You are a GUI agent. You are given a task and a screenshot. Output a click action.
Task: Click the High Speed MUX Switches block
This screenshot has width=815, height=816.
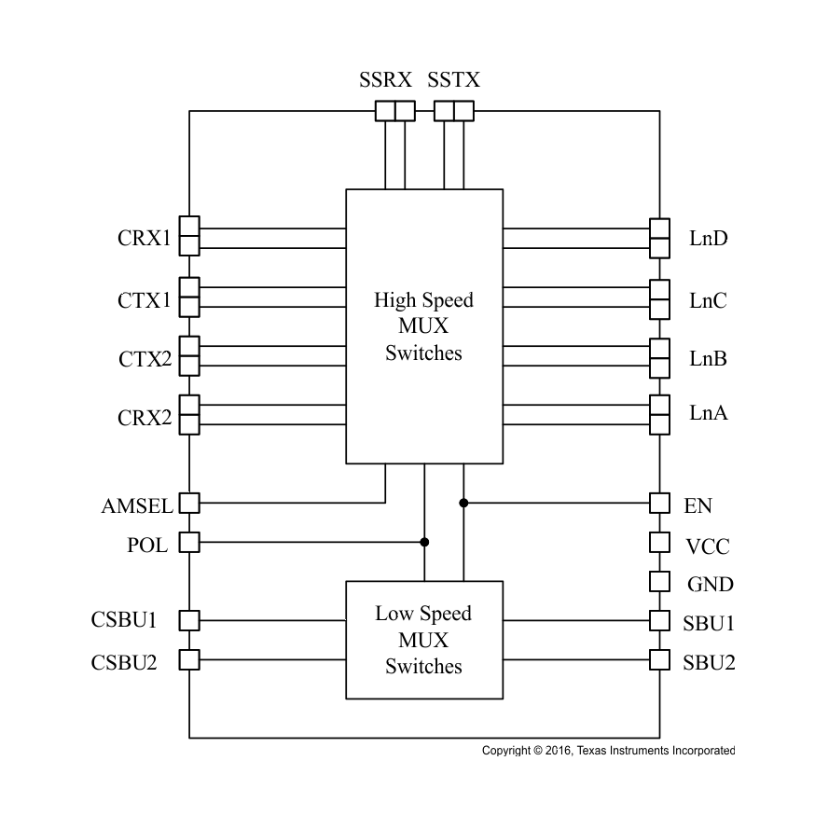[x=424, y=326]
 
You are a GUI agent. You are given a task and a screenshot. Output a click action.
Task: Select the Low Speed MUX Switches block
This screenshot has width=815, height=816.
[x=424, y=640]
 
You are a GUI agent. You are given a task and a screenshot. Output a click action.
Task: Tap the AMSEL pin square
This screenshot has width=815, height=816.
[x=189, y=504]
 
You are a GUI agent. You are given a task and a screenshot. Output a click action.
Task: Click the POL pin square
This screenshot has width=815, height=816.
[x=189, y=542]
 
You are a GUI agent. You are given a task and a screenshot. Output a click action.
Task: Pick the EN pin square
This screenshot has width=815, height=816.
[x=659, y=504]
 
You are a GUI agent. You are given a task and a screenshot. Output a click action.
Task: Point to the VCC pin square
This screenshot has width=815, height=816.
[x=659, y=542]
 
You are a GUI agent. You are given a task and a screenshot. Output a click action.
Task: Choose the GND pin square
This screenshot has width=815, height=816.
[x=659, y=581]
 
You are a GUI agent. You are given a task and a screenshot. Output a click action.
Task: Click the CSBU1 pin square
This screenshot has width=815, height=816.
[x=189, y=620]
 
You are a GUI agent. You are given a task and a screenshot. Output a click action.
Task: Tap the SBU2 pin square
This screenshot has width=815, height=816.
[x=659, y=660]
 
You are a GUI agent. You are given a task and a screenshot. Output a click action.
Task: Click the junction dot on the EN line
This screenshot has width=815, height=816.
[x=463, y=504]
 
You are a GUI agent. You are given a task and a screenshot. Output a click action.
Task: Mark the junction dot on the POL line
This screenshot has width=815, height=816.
[x=424, y=542]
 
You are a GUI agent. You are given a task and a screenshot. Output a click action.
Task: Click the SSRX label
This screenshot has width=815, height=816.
[x=386, y=79]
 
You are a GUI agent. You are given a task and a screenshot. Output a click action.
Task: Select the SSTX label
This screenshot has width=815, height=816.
[x=454, y=79]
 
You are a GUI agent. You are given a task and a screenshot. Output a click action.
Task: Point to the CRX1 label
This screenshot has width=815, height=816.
[x=145, y=239]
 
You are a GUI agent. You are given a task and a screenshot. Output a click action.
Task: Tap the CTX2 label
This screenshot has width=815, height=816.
[x=145, y=359]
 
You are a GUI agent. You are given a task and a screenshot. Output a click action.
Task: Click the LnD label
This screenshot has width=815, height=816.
[x=709, y=239]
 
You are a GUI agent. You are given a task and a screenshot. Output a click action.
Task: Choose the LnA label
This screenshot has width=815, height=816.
[x=709, y=413]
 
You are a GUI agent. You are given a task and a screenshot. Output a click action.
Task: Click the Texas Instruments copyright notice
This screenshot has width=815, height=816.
[x=608, y=751]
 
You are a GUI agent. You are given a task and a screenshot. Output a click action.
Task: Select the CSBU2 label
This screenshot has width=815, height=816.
[x=124, y=662]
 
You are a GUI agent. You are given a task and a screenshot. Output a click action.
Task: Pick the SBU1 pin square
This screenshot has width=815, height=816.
[x=659, y=620]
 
